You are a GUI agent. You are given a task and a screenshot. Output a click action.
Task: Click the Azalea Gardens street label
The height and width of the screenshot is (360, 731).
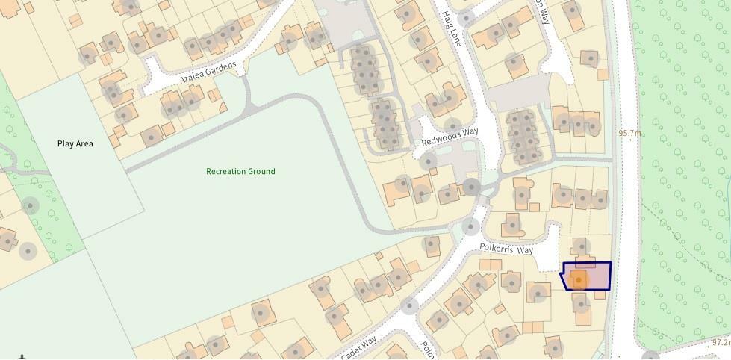(208, 73)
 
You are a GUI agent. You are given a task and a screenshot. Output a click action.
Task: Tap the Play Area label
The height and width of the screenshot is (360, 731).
(75, 143)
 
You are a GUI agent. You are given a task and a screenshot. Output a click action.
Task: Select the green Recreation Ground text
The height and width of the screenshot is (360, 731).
(240, 172)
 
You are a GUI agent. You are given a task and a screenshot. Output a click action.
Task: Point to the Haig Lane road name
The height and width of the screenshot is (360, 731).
(452, 30)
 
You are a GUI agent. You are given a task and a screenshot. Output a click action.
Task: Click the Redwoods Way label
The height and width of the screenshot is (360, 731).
(450, 137)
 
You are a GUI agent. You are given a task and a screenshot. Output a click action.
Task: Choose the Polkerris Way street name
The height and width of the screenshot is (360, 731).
(506, 248)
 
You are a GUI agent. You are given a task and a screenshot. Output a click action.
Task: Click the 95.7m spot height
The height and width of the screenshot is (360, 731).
(629, 134)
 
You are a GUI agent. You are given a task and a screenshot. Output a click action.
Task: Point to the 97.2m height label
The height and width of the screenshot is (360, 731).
(720, 343)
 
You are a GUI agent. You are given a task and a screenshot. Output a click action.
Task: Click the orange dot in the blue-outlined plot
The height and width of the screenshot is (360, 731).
(579, 280)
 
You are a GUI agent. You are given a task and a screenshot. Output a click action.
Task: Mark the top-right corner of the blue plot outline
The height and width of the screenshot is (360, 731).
(611, 263)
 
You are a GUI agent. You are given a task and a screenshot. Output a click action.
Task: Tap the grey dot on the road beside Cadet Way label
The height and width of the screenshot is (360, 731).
(409, 305)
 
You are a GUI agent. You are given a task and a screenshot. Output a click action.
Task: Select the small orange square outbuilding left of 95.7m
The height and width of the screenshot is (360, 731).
(603, 75)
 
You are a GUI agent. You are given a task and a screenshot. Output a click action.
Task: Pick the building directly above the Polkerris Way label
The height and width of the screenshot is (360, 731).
(512, 223)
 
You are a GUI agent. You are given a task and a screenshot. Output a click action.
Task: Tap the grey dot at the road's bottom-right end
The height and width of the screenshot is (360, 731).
(650, 356)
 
